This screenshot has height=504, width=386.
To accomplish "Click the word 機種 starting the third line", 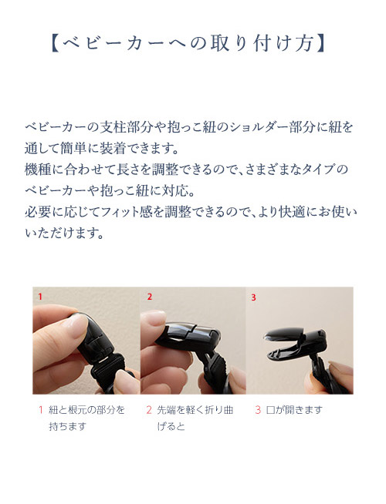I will pyautogui.click(x=38, y=168).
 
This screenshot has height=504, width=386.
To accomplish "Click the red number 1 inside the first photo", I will pyautogui.click(x=39, y=296).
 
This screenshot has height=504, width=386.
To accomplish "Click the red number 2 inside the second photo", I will pyautogui.click(x=150, y=296).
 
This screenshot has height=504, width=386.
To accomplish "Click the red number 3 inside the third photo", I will pyautogui.click(x=252, y=296).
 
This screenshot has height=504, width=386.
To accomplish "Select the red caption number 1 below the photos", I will pyautogui.click(x=39, y=410).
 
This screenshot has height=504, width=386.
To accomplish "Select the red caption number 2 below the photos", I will pyautogui.click(x=148, y=410).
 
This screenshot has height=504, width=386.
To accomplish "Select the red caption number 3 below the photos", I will pyautogui.click(x=258, y=410).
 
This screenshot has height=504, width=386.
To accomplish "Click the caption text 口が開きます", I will pyautogui.click(x=294, y=410).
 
